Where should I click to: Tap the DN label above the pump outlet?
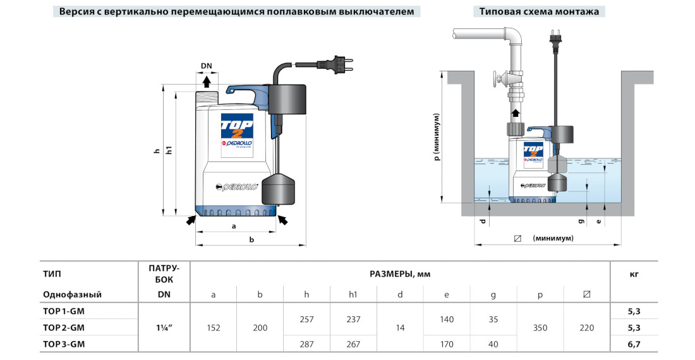coord(207,66)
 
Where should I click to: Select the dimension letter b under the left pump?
coord(251,239)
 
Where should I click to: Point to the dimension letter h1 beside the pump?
coord(169,152)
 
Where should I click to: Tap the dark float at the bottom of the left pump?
coord(279,189)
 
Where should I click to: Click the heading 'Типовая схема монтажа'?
coord(538,12)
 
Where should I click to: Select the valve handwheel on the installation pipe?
coord(500,80)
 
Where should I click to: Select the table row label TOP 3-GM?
coord(64,344)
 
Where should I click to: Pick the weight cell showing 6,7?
coord(634,344)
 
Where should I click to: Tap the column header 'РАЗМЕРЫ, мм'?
coord(400,274)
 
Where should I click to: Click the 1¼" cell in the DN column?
coord(164,328)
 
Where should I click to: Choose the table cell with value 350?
coord(540,328)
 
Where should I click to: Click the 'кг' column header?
coord(634,274)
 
